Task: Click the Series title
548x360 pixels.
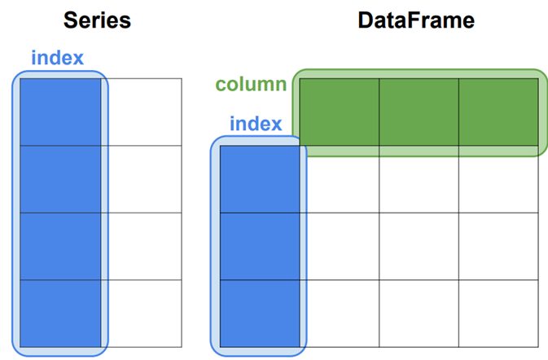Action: click(x=99, y=20)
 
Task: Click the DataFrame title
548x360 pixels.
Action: click(x=415, y=20)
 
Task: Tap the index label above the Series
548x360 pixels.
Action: click(x=57, y=59)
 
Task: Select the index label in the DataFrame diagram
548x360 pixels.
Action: click(x=255, y=124)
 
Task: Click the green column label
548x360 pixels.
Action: click(x=251, y=85)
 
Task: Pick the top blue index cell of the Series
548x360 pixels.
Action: click(x=61, y=112)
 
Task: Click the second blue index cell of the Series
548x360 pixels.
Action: click(x=61, y=178)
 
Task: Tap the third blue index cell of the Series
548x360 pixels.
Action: click(x=61, y=245)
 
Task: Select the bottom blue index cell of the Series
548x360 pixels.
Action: click(x=61, y=313)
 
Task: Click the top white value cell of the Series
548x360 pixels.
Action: click(x=144, y=112)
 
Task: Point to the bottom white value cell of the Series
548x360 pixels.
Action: click(x=144, y=313)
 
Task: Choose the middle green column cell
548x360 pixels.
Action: click(x=419, y=112)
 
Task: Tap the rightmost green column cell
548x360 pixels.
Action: click(x=498, y=112)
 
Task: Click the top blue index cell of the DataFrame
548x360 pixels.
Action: click(x=260, y=178)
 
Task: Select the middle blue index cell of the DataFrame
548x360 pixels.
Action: click(x=260, y=245)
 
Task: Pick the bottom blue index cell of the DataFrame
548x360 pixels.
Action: click(x=260, y=313)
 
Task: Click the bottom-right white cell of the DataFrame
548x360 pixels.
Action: click(x=498, y=313)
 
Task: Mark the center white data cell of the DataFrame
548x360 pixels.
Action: click(x=419, y=245)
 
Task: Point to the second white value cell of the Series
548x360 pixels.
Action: click(x=144, y=178)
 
